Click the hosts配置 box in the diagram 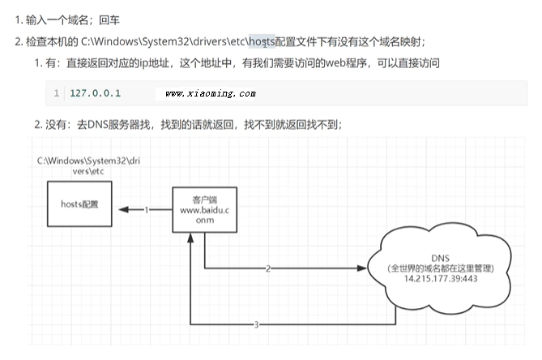pos(79,205)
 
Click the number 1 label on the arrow pos(147,210)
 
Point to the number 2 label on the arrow pos(267,268)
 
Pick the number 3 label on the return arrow pos(256,325)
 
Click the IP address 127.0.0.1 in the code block pos(96,93)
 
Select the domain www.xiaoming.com pos(210,94)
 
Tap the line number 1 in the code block pos(56,93)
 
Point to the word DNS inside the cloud pos(442,256)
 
